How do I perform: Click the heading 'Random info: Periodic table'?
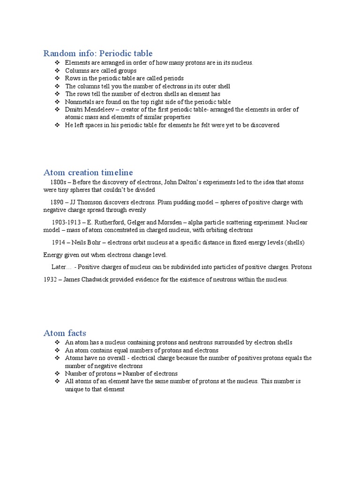point(98,53)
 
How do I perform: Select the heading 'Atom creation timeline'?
point(88,172)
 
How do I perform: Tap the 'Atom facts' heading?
point(65,333)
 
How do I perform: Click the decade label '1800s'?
point(59,182)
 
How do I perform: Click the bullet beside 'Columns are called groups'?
point(57,71)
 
